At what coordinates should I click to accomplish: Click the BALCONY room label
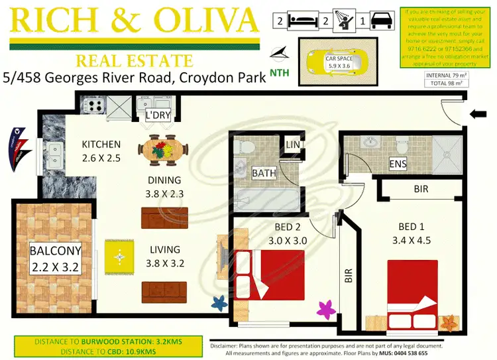click(55, 251)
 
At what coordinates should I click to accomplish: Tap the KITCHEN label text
click(101, 145)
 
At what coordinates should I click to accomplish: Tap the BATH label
click(264, 174)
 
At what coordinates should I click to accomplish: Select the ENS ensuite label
click(398, 164)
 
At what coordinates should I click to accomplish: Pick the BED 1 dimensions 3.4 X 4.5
click(412, 240)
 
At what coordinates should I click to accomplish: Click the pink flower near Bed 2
click(325, 309)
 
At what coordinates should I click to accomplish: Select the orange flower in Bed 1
click(449, 324)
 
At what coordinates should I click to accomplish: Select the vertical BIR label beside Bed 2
click(349, 276)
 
